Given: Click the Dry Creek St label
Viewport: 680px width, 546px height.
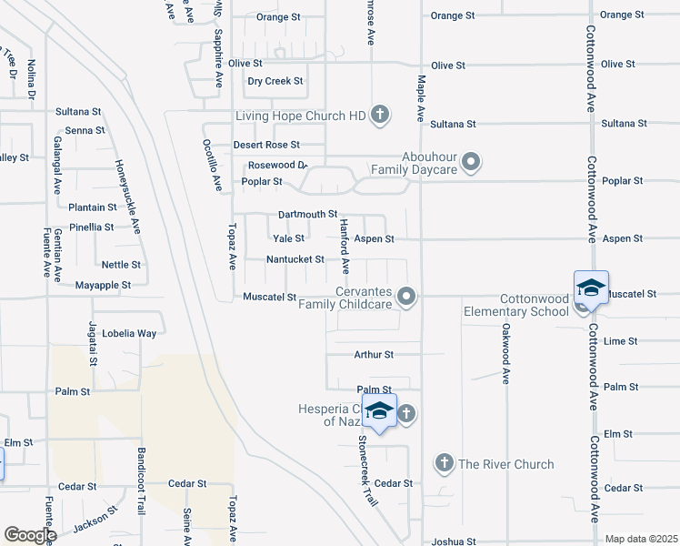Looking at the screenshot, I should point(275,81).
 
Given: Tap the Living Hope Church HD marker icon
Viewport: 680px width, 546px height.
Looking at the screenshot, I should point(380,116).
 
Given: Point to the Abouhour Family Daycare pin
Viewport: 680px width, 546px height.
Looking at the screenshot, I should point(471,163).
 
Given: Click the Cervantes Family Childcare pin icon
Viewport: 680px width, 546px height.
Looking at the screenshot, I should point(407,297).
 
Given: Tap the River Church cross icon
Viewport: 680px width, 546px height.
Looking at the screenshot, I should point(445,464).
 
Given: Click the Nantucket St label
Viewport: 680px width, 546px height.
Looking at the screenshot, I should point(295,259).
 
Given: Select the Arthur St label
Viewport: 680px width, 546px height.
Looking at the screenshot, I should point(374,354).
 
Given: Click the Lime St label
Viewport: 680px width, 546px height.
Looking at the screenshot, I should point(621,341).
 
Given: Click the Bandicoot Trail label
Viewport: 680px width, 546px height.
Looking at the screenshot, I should point(142,480).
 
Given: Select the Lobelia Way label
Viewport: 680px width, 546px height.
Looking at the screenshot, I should point(129,333).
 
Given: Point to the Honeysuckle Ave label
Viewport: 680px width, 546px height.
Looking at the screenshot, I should point(127,197).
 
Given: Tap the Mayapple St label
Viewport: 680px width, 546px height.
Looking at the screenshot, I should point(103,285).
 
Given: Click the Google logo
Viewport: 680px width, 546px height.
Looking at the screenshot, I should point(29,535).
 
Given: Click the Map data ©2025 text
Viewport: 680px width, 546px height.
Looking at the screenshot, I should point(640,539).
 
